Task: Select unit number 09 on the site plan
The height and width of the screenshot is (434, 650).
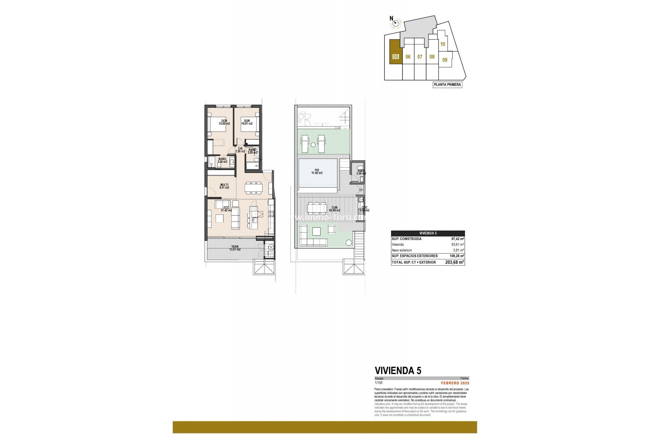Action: coord(445,60)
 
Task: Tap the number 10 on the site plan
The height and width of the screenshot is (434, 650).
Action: coord(442,44)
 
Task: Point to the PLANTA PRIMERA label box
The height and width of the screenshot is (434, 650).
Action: coord(447,85)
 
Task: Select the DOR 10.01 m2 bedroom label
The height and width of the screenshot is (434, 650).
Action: coord(246,122)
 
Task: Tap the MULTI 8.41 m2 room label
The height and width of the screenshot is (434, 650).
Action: coord(224,186)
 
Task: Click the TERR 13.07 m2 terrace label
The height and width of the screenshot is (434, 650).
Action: coord(235,248)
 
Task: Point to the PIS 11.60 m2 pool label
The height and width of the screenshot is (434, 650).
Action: coord(317,172)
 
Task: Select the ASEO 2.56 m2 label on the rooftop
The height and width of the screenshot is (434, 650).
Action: coord(361,172)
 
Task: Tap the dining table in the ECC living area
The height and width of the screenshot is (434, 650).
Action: coord(254,187)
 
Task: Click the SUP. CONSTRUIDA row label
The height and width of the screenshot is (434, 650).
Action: coord(406,239)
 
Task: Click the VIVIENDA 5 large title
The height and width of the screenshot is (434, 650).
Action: coord(398,370)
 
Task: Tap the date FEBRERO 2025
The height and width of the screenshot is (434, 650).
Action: coord(455,383)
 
